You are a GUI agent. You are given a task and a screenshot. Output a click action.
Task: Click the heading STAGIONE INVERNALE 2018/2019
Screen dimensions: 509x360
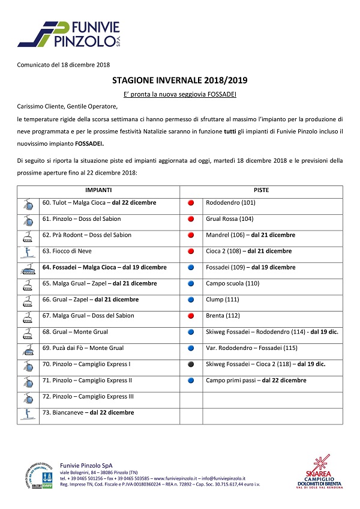pyautogui.click(x=179, y=79)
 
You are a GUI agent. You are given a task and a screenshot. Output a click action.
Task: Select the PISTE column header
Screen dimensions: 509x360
pyautogui.click(x=261, y=190)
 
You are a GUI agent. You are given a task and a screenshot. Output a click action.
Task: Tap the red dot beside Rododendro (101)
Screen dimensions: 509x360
pyautogui.click(x=191, y=203)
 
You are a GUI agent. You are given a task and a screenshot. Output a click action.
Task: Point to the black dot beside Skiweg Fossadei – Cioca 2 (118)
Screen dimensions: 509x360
pyautogui.click(x=191, y=364)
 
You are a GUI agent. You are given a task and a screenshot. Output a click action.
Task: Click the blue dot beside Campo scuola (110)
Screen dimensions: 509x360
pyautogui.click(x=191, y=283)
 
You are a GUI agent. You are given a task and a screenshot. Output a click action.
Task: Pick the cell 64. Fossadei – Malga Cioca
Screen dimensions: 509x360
pyautogui.click(x=104, y=267)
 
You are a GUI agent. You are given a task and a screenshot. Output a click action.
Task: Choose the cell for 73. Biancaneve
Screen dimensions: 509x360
pyautogui.click(x=88, y=412)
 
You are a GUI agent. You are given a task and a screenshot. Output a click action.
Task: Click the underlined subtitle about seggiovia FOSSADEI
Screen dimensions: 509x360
pyautogui.click(x=179, y=94)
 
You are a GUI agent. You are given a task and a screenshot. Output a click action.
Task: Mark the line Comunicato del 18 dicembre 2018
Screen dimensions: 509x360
pyautogui.click(x=63, y=65)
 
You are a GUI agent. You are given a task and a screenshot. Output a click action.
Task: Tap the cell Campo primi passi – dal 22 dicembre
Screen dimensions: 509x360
pyautogui.click(x=256, y=380)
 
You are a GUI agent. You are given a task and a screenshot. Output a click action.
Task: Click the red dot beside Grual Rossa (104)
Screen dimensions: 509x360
pyautogui.click(x=191, y=219)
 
